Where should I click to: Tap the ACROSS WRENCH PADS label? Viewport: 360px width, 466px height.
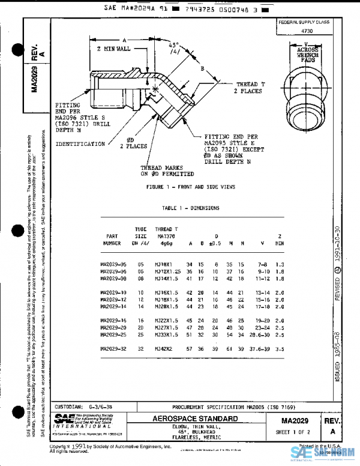point(308,54)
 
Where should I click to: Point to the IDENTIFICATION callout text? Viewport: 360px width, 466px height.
point(80,144)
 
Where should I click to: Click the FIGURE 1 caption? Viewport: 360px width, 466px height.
point(190,187)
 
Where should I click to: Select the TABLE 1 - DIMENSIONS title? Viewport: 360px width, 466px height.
point(190,208)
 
